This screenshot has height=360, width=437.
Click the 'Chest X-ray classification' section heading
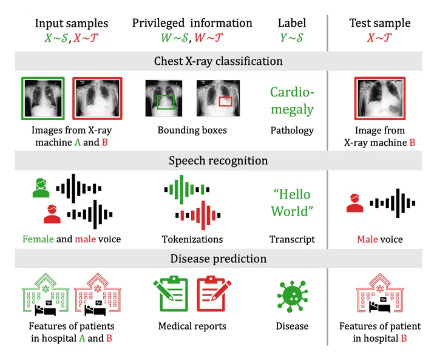click(x=218, y=61)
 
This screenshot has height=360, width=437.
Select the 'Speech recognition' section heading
click(x=218, y=161)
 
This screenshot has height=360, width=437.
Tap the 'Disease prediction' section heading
click(x=218, y=259)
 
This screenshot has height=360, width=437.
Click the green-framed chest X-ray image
click(x=42, y=98)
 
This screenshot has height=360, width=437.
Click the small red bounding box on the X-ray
click(x=225, y=101)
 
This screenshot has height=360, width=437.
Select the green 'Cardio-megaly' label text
click(x=292, y=101)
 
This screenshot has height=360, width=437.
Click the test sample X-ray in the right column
click(x=380, y=98)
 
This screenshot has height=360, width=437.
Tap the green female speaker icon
click(x=41, y=188)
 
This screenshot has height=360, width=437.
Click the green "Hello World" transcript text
click(x=292, y=203)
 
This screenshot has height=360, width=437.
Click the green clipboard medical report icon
click(x=172, y=295)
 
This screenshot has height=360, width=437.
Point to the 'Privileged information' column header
click(x=192, y=24)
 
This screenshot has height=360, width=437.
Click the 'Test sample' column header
click(x=380, y=24)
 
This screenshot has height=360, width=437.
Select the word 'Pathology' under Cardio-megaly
click(x=292, y=130)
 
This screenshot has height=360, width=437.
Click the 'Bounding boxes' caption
click(x=192, y=130)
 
